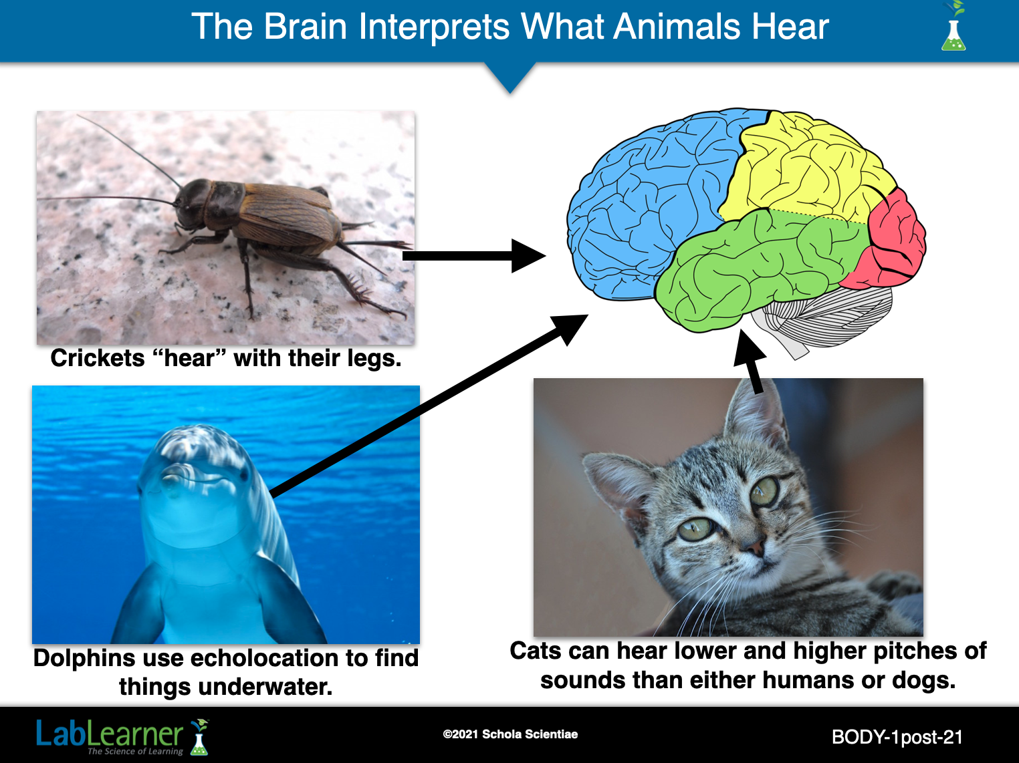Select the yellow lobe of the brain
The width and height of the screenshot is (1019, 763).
(x=803, y=172)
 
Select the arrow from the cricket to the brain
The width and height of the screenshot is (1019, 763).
(x=474, y=256)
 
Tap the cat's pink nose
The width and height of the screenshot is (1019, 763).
(x=754, y=546)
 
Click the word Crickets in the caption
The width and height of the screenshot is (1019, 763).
(x=98, y=359)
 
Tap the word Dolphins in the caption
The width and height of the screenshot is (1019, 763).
(x=85, y=658)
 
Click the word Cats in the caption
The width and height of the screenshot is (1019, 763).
(x=536, y=651)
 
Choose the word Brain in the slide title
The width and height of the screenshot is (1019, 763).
(x=305, y=27)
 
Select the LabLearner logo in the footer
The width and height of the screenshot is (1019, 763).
(x=122, y=736)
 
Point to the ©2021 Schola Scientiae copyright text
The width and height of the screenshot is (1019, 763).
(x=510, y=734)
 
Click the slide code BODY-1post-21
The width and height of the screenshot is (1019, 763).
(x=897, y=737)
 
